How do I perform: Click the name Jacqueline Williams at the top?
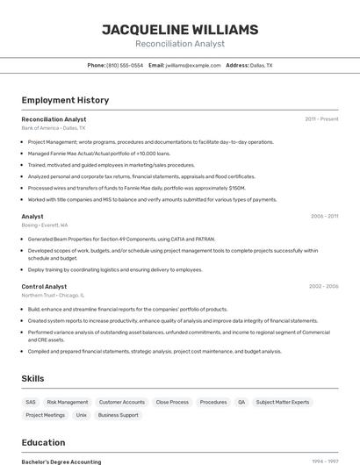[180, 30]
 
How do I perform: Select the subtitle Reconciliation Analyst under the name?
[180, 44]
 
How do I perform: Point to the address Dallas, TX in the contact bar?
[261, 65]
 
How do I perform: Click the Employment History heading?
[53, 100]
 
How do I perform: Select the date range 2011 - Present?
[321, 118]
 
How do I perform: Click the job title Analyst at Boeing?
[32, 216]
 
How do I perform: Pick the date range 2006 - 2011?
[324, 216]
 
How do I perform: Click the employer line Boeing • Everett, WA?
[45, 225]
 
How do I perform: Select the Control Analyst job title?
[44, 286]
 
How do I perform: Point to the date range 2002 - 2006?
[323, 286]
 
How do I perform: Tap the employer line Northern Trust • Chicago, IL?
[54, 296]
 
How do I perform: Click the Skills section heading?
[33, 378]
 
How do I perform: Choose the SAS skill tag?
[31, 402]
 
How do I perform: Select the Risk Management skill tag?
[68, 402]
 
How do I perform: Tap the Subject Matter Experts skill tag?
[282, 402]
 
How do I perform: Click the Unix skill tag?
[81, 415]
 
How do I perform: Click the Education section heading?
[43, 442]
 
